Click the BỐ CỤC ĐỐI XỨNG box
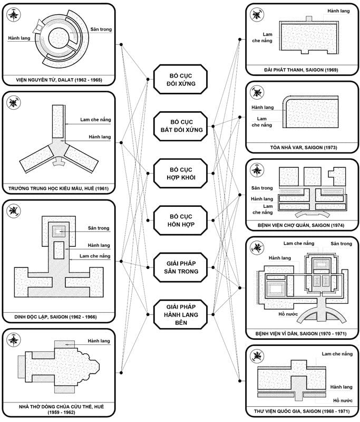click(x=180, y=80)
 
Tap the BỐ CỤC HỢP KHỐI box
click(x=180, y=172)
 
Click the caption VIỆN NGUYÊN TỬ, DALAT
click(x=59, y=80)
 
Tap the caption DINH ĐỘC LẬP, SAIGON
click(x=59, y=318)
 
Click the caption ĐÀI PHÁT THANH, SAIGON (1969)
click(x=301, y=70)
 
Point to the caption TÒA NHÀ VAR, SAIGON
click(x=301, y=148)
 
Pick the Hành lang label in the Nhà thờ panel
click(x=99, y=341)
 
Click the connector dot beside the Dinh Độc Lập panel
click(x=122, y=261)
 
